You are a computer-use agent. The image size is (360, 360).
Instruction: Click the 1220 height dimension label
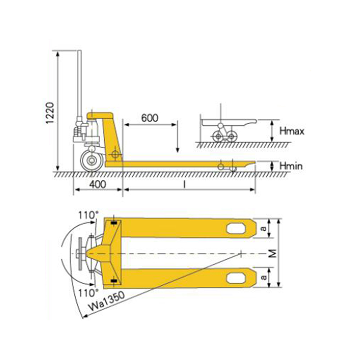coord(50,113)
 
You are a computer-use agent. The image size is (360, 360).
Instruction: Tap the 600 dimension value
coord(150,118)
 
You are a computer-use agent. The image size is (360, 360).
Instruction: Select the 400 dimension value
coord(98,184)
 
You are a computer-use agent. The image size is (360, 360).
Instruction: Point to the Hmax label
coord(292,131)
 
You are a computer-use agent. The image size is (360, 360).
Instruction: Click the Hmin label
coord(291,166)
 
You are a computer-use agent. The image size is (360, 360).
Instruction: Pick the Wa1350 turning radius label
coord(106,301)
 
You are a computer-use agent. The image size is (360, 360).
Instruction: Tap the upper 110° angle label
coord(88,216)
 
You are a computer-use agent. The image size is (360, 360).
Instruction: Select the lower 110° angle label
coord(88,293)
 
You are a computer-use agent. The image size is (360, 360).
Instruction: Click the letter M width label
coord(273,253)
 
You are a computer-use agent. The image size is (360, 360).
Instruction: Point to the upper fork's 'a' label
coord(264,228)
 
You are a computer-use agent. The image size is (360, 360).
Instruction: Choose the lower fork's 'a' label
coord(264,277)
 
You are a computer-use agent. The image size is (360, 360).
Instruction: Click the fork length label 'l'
coord(184,184)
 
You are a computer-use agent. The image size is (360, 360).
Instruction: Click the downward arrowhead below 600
coord(177,150)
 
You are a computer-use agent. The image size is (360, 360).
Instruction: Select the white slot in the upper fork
coord(235,229)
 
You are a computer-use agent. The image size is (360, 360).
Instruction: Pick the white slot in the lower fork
coord(235,278)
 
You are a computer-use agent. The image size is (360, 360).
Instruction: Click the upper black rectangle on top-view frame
coord(114,223)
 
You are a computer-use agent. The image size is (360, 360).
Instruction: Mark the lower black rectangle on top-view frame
coord(114,281)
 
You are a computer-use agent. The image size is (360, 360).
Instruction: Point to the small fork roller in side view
coord(220,166)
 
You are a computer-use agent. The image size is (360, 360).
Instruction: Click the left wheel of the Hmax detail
coord(217,136)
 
